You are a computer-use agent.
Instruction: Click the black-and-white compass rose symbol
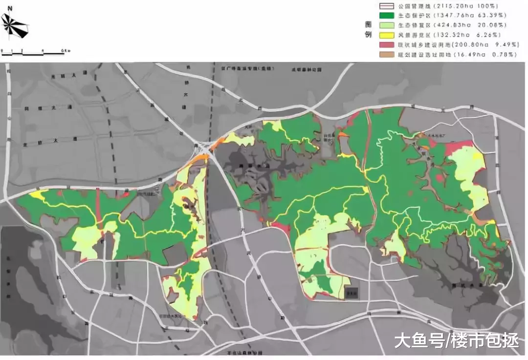tap(15, 26)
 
